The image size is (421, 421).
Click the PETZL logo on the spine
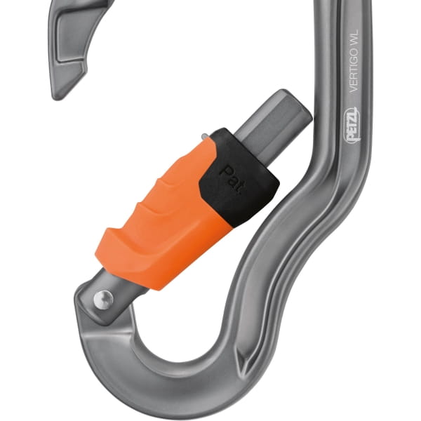click(x=351, y=125)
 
